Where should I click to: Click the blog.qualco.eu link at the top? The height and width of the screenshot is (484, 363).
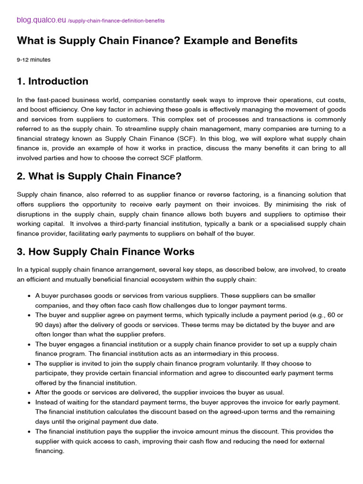42,20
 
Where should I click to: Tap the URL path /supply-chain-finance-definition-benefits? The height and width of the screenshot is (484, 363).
116,21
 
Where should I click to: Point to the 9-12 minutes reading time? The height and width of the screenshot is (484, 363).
34,60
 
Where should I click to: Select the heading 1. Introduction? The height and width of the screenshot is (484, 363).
52,81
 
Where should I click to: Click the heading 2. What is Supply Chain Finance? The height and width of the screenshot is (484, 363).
99,176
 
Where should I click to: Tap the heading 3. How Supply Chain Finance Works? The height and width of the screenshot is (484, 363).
105,252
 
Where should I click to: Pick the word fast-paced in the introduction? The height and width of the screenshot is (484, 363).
50,100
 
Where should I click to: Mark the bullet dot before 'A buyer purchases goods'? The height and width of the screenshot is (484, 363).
29,296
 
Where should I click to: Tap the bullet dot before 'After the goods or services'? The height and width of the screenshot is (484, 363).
29,393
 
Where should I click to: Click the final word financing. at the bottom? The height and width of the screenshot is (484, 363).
50,451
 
